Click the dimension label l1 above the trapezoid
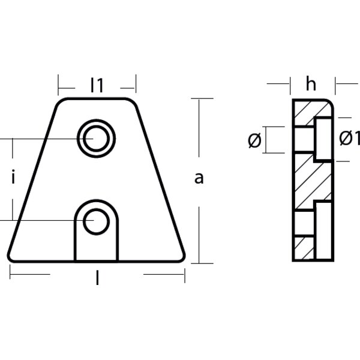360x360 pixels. pyautogui.click(x=97, y=86)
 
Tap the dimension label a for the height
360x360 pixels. pyautogui.click(x=199, y=178)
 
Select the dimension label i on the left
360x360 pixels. pyautogui.click(x=13, y=178)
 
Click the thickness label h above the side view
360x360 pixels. pyautogui.click(x=310, y=85)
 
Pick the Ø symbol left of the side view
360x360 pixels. pyautogui.click(x=254, y=140)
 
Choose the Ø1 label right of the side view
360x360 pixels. pyautogui.click(x=349, y=139)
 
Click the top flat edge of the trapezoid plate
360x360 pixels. pyautogui.click(x=97, y=99)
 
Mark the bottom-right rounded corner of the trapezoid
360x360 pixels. pyautogui.click(x=182, y=257)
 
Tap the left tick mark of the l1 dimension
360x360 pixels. pyautogui.click(x=59, y=83)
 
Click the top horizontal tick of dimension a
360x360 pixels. pyautogui.click(x=202, y=98)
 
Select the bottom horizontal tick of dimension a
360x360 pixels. pyautogui.click(x=202, y=262)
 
